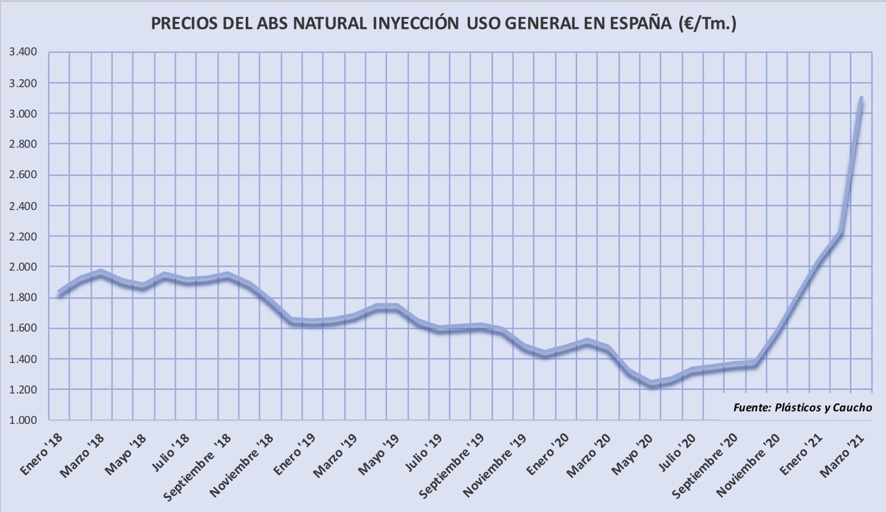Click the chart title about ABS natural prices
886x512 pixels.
pyautogui.click(x=444, y=23)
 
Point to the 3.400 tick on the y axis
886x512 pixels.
pyautogui.click(x=23, y=52)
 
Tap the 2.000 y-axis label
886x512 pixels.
pyautogui.click(x=23, y=267)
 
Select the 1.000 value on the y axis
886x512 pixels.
pyautogui.click(x=23, y=420)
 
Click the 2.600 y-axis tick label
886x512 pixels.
pyautogui.click(x=23, y=175)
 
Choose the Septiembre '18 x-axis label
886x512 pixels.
pyautogui.click(x=198, y=466)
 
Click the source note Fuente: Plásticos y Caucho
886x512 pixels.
pyautogui.click(x=802, y=407)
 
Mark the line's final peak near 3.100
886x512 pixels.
pyautogui.click(x=861, y=98)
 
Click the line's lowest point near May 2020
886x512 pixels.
pyautogui.click(x=651, y=384)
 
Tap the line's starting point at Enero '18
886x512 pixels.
pyautogui.click(x=59, y=293)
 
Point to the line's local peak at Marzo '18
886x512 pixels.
pyautogui.click(x=101, y=273)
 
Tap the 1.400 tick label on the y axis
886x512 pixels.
pyautogui.click(x=23, y=359)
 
